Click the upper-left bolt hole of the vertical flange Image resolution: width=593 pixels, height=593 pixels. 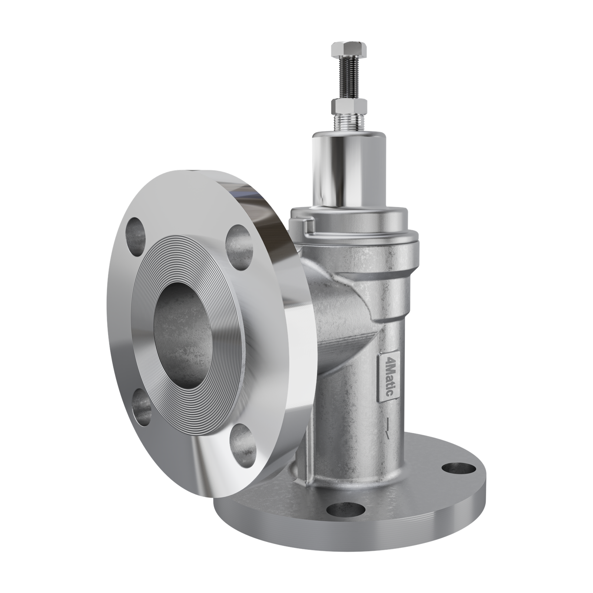tap(136, 237)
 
